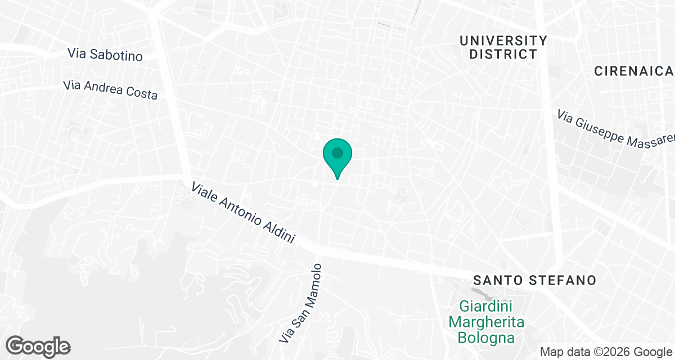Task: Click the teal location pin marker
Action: click(x=337, y=155)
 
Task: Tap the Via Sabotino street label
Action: click(x=105, y=54)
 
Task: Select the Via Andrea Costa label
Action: click(x=110, y=90)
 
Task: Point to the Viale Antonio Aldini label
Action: click(x=243, y=212)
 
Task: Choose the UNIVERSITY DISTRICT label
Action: click(x=503, y=47)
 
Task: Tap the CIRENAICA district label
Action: click(x=634, y=71)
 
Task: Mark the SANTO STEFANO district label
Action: click(x=534, y=280)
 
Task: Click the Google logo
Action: click(x=38, y=345)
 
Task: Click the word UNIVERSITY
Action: click(x=503, y=40)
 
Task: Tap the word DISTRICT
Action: click(x=503, y=55)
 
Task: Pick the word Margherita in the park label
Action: click(x=487, y=322)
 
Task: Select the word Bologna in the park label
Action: click(x=487, y=337)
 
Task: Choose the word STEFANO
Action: click(x=562, y=280)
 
